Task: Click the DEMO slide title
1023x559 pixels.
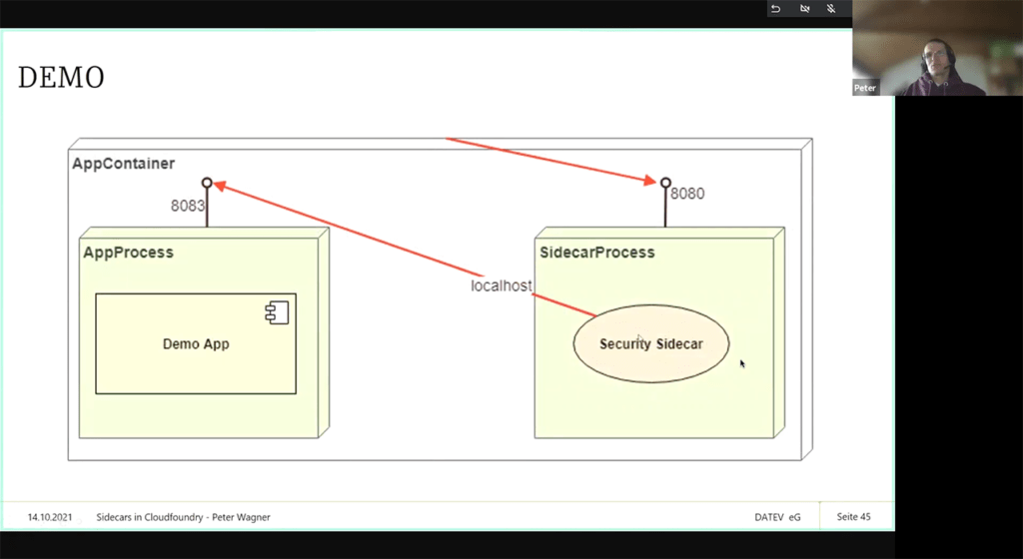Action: pyautogui.click(x=61, y=78)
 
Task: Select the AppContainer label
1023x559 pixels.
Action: pyautogui.click(x=123, y=164)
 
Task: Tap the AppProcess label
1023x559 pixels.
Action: pyautogui.click(x=128, y=253)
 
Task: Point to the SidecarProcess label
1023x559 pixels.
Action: pyautogui.click(x=597, y=253)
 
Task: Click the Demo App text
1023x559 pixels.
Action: pyautogui.click(x=196, y=344)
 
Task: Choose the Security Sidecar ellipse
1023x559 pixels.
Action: pyautogui.click(x=651, y=343)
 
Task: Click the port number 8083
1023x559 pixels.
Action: pyautogui.click(x=187, y=206)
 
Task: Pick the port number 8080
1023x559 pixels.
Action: pyautogui.click(x=687, y=194)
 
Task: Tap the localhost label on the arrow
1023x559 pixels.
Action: pyautogui.click(x=502, y=286)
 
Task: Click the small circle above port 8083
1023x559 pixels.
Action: pyautogui.click(x=207, y=183)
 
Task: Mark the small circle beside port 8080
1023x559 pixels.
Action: pyautogui.click(x=665, y=183)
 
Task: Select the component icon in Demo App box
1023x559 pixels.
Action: pyautogui.click(x=277, y=312)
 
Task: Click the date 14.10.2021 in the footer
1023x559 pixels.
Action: pyautogui.click(x=50, y=517)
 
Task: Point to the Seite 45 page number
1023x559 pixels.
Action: pyautogui.click(x=853, y=517)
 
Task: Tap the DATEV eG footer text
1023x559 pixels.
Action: pyautogui.click(x=777, y=517)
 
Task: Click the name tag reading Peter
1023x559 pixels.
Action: pyautogui.click(x=865, y=88)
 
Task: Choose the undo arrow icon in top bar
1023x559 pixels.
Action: pyautogui.click(x=775, y=8)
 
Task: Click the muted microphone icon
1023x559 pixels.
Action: pyautogui.click(x=831, y=8)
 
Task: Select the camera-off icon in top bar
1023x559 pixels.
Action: pyautogui.click(x=804, y=8)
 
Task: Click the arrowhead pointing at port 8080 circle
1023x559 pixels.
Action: pyautogui.click(x=650, y=181)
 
